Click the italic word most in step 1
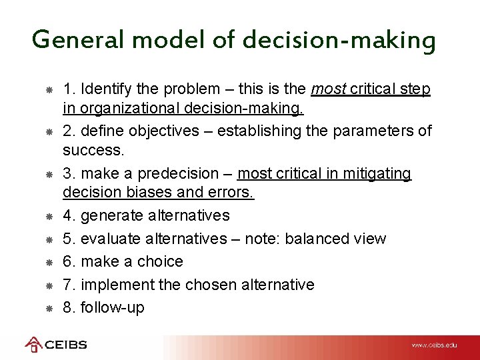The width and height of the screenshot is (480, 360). [327, 89]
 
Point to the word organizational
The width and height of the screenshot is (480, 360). [126, 109]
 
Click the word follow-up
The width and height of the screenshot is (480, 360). [112, 307]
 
